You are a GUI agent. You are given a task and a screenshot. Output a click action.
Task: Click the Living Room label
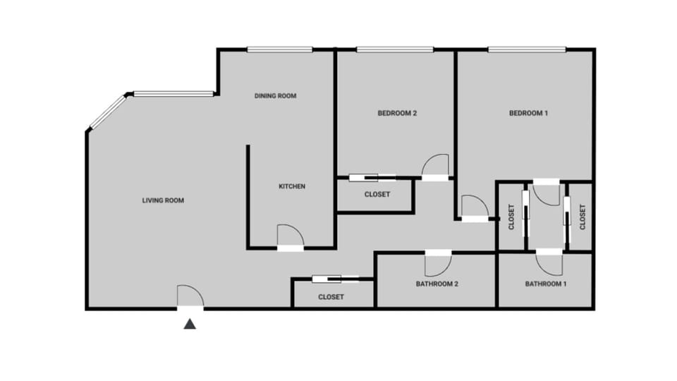[163, 200]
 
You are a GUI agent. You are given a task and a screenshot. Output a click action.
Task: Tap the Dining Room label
[275, 96]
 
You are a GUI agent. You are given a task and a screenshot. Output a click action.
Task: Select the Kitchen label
[292, 186]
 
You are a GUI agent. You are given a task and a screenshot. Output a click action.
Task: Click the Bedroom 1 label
[529, 113]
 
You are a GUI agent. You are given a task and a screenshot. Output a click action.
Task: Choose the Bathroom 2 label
[437, 284]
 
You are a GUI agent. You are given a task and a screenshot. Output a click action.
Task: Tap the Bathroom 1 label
[546, 284]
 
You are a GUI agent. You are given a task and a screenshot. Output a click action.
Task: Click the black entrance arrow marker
[190, 324]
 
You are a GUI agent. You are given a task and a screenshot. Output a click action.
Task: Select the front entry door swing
[190, 296]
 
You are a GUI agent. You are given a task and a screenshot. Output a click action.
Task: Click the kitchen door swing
[290, 236]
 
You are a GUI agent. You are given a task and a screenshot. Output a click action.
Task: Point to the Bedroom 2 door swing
[435, 167]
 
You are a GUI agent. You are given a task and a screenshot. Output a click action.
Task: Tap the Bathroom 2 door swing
[437, 263]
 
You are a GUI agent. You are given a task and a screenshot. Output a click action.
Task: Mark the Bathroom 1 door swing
[549, 262]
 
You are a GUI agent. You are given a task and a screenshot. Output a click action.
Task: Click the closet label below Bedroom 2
[377, 195]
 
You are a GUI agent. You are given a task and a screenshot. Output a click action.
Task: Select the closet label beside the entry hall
[331, 297]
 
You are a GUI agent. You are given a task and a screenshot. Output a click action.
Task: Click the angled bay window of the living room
[106, 112]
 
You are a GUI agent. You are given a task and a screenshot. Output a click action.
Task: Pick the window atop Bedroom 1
[526, 49]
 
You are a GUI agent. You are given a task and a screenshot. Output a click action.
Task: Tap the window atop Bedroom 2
[394, 49]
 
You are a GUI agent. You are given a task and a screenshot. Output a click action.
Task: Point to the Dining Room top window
[279, 49]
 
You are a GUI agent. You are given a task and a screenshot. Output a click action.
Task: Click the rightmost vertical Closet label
[583, 217]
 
